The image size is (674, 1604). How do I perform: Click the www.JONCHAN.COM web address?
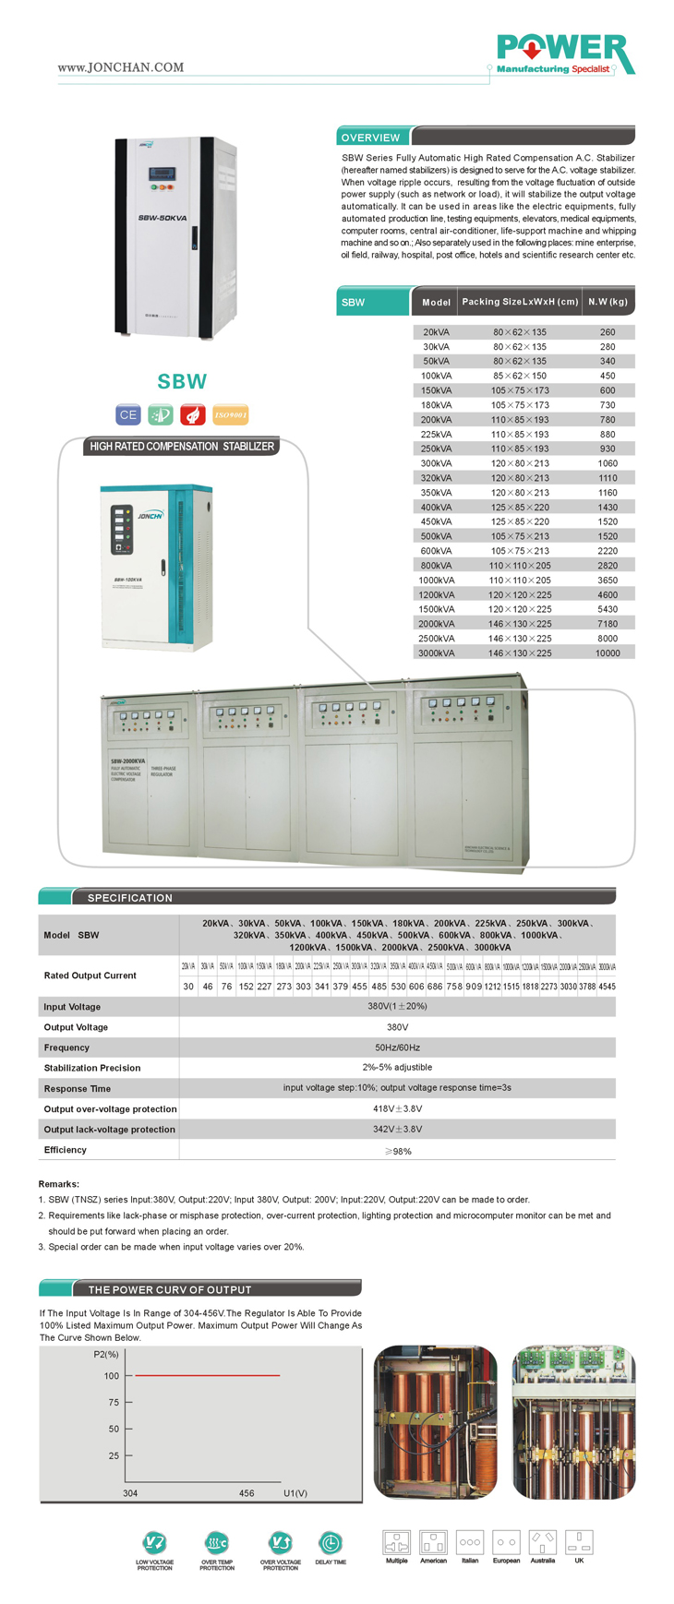[120, 67]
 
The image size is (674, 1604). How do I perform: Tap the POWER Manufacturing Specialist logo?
[564, 54]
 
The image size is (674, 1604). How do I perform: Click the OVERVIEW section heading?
[370, 138]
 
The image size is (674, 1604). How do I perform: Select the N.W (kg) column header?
[608, 302]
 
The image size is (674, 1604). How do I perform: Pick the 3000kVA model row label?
[436, 653]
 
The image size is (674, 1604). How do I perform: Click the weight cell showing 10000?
[608, 653]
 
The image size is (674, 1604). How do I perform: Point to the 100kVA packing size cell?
[519, 376]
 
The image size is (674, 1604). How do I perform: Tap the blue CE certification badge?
[127, 414]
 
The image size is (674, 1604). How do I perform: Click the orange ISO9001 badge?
[230, 414]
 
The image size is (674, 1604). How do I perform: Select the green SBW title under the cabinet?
[182, 381]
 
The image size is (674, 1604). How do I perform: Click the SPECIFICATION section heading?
[130, 897]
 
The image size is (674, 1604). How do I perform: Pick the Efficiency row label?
[66, 1150]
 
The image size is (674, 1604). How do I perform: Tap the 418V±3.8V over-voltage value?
[397, 1108]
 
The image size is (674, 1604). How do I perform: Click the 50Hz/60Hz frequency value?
[397, 1047]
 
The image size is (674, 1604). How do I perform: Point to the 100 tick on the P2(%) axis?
[112, 1376]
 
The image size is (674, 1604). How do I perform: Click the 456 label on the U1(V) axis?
[247, 1492]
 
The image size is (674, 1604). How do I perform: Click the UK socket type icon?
[579, 1541]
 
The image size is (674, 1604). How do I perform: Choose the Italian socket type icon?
[470, 1541]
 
